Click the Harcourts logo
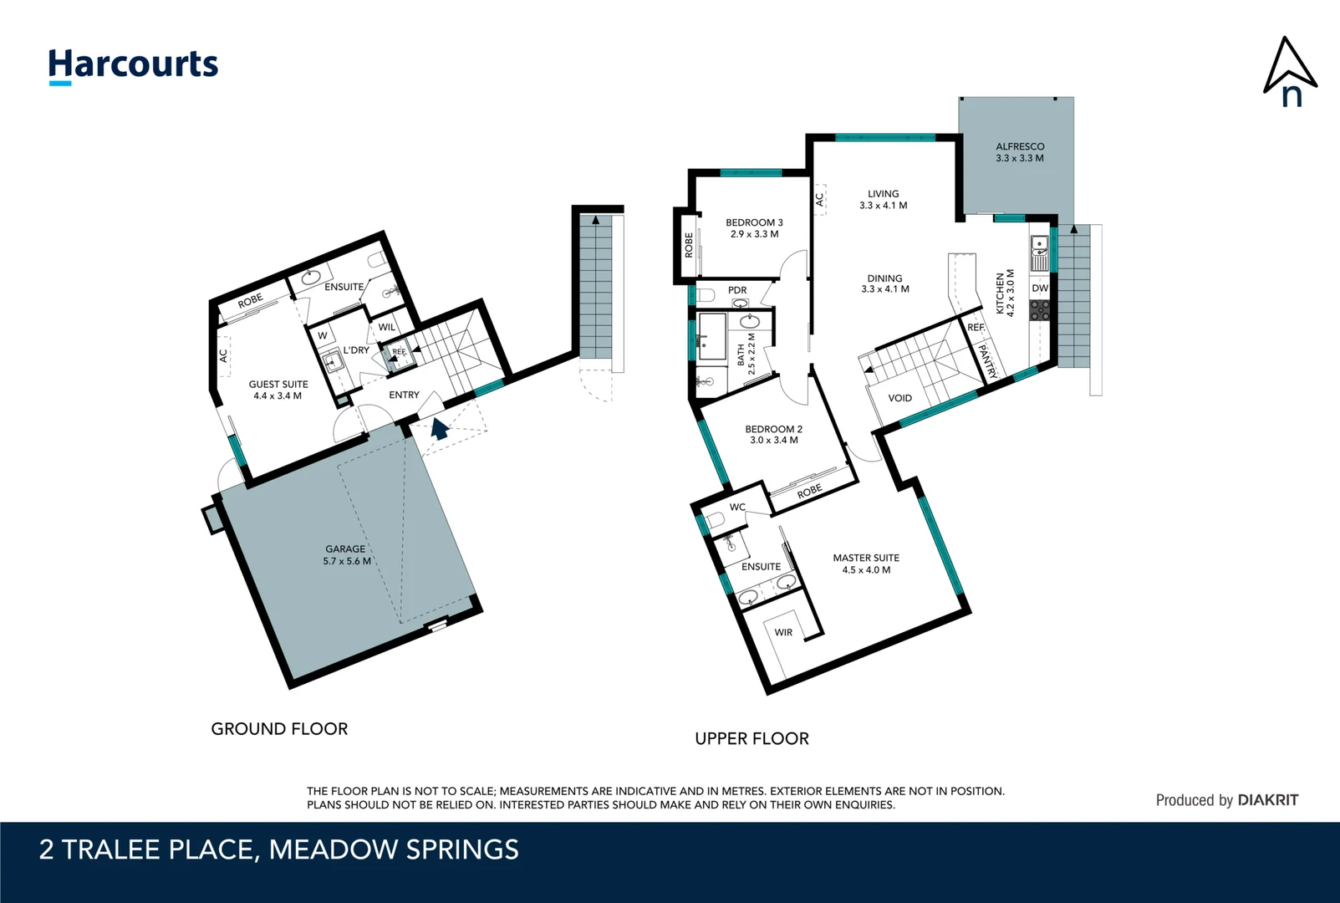tap(133, 66)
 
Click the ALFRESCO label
tap(1020, 146)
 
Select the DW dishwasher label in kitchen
tap(1040, 288)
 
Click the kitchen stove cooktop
tap(1040, 310)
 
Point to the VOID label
tap(899, 398)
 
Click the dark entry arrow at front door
tap(440, 429)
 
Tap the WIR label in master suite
tap(783, 632)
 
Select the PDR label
tap(737, 290)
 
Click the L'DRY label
tap(356, 350)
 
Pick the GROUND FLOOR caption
tap(279, 729)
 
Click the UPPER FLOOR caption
tap(752, 738)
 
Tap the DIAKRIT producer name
tap(1267, 800)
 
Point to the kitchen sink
tap(1039, 253)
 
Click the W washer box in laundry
tap(323, 336)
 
